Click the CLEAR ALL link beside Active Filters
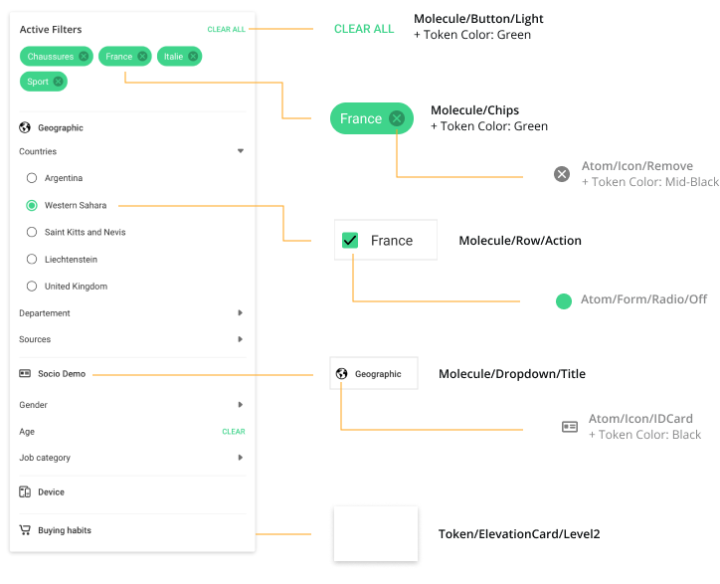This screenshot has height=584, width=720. pos(226,30)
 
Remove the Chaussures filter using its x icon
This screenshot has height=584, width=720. pos(84,57)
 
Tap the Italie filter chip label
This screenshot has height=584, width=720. pos(173,57)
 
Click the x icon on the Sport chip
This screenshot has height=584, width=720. pos(58,82)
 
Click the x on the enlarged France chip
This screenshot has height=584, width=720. pos(397,118)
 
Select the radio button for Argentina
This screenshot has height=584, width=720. pos(32,178)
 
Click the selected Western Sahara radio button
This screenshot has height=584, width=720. pos(32,205)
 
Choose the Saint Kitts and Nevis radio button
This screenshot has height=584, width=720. pos(32,232)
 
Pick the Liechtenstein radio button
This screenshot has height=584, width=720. pos(32,259)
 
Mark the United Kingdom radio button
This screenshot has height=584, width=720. pos(32,286)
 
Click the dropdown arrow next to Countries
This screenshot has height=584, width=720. pos(240,151)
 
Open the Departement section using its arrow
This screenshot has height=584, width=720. pos(240,312)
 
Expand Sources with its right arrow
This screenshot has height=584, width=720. pos(240,339)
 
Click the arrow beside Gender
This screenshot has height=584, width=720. pos(240,405)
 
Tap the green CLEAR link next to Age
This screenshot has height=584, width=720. pos(233,432)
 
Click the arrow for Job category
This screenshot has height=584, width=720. pos(240,458)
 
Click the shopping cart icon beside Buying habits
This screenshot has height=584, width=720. pos(25,530)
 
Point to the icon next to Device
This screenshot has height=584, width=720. pos(25,491)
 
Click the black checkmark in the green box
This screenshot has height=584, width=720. pos(350,240)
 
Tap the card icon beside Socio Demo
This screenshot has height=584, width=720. pos(25,374)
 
